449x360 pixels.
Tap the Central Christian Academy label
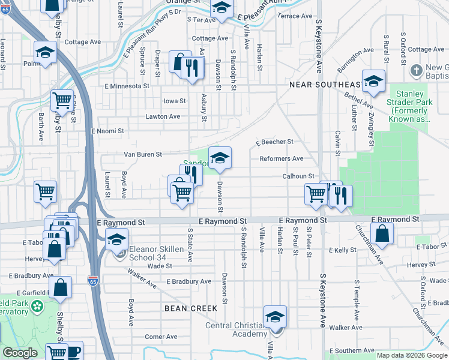click(241, 329)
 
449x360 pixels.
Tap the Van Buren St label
click(142, 154)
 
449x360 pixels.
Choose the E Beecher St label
click(274, 142)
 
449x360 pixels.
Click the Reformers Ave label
click(281, 158)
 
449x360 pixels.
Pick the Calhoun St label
click(298, 176)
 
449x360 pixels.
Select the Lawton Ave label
click(163, 116)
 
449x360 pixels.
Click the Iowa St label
click(175, 101)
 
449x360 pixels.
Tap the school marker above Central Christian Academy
click(275, 317)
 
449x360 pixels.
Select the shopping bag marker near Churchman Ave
click(382, 234)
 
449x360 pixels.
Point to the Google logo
click(19, 353)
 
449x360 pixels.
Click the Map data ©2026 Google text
click(412, 355)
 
